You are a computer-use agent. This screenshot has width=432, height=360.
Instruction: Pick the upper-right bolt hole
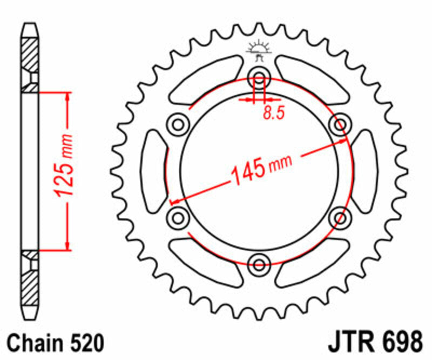tap(340, 125)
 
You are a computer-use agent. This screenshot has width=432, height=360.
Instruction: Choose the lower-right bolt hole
tap(340, 218)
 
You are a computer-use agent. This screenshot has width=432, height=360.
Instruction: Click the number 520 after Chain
tap(85, 344)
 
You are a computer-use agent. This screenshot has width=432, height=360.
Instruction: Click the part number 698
tap(401, 344)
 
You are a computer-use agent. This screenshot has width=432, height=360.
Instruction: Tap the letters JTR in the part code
tap(350, 344)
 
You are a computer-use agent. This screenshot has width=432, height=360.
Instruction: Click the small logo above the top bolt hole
tap(258, 50)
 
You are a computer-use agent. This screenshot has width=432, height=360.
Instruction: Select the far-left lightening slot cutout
tap(153, 172)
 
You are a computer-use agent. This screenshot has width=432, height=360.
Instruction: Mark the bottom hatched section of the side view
tap(30, 286)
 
